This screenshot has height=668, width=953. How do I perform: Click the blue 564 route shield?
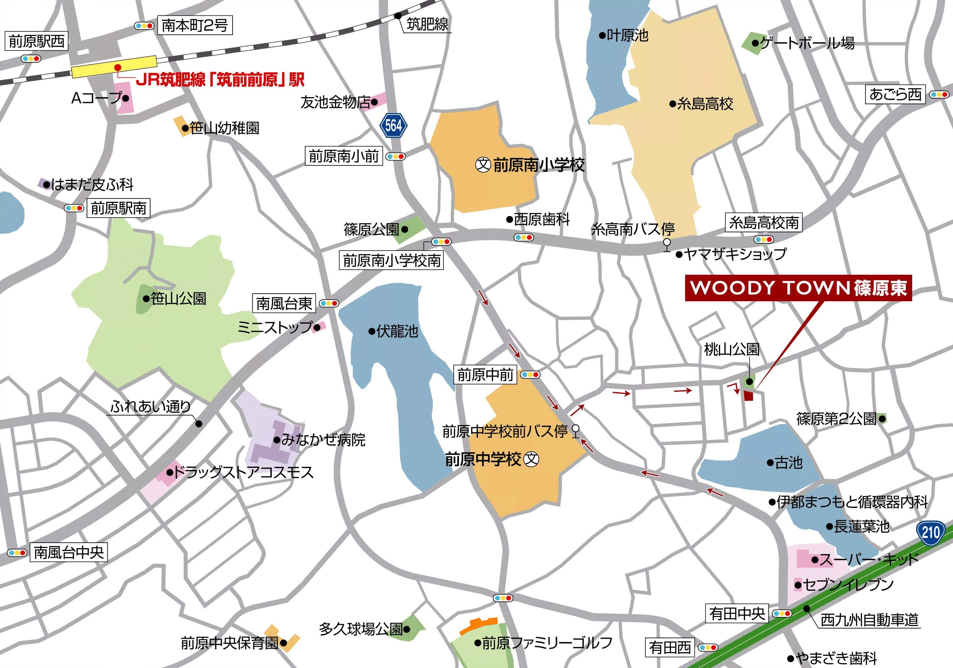coord(393,125)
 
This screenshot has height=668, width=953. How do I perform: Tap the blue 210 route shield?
coord(930,532)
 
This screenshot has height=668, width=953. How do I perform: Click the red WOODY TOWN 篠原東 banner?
coord(798,287)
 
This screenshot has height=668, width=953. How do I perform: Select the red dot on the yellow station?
coord(118,67)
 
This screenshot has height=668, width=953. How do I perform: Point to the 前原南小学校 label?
coord(538,165)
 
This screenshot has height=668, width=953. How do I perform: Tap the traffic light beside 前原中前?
coord(530,375)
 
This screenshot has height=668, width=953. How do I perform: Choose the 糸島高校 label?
coord(705,104)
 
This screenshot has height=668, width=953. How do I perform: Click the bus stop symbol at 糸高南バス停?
coord(667,243)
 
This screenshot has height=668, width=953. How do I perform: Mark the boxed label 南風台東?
coord(284,303)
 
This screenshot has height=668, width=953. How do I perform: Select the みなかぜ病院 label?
coord(323,440)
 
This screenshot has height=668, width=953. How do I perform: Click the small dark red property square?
coord(748,395)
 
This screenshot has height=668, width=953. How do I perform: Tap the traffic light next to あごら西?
coord(939,94)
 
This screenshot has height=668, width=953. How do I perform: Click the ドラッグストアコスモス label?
coord(243,472)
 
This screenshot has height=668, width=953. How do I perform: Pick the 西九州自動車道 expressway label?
coord(870,620)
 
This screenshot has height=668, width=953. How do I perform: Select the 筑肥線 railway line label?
coord(427,24)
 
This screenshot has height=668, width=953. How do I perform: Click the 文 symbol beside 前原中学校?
coord(531,459)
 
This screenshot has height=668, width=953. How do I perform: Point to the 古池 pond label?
coord(788,462)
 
